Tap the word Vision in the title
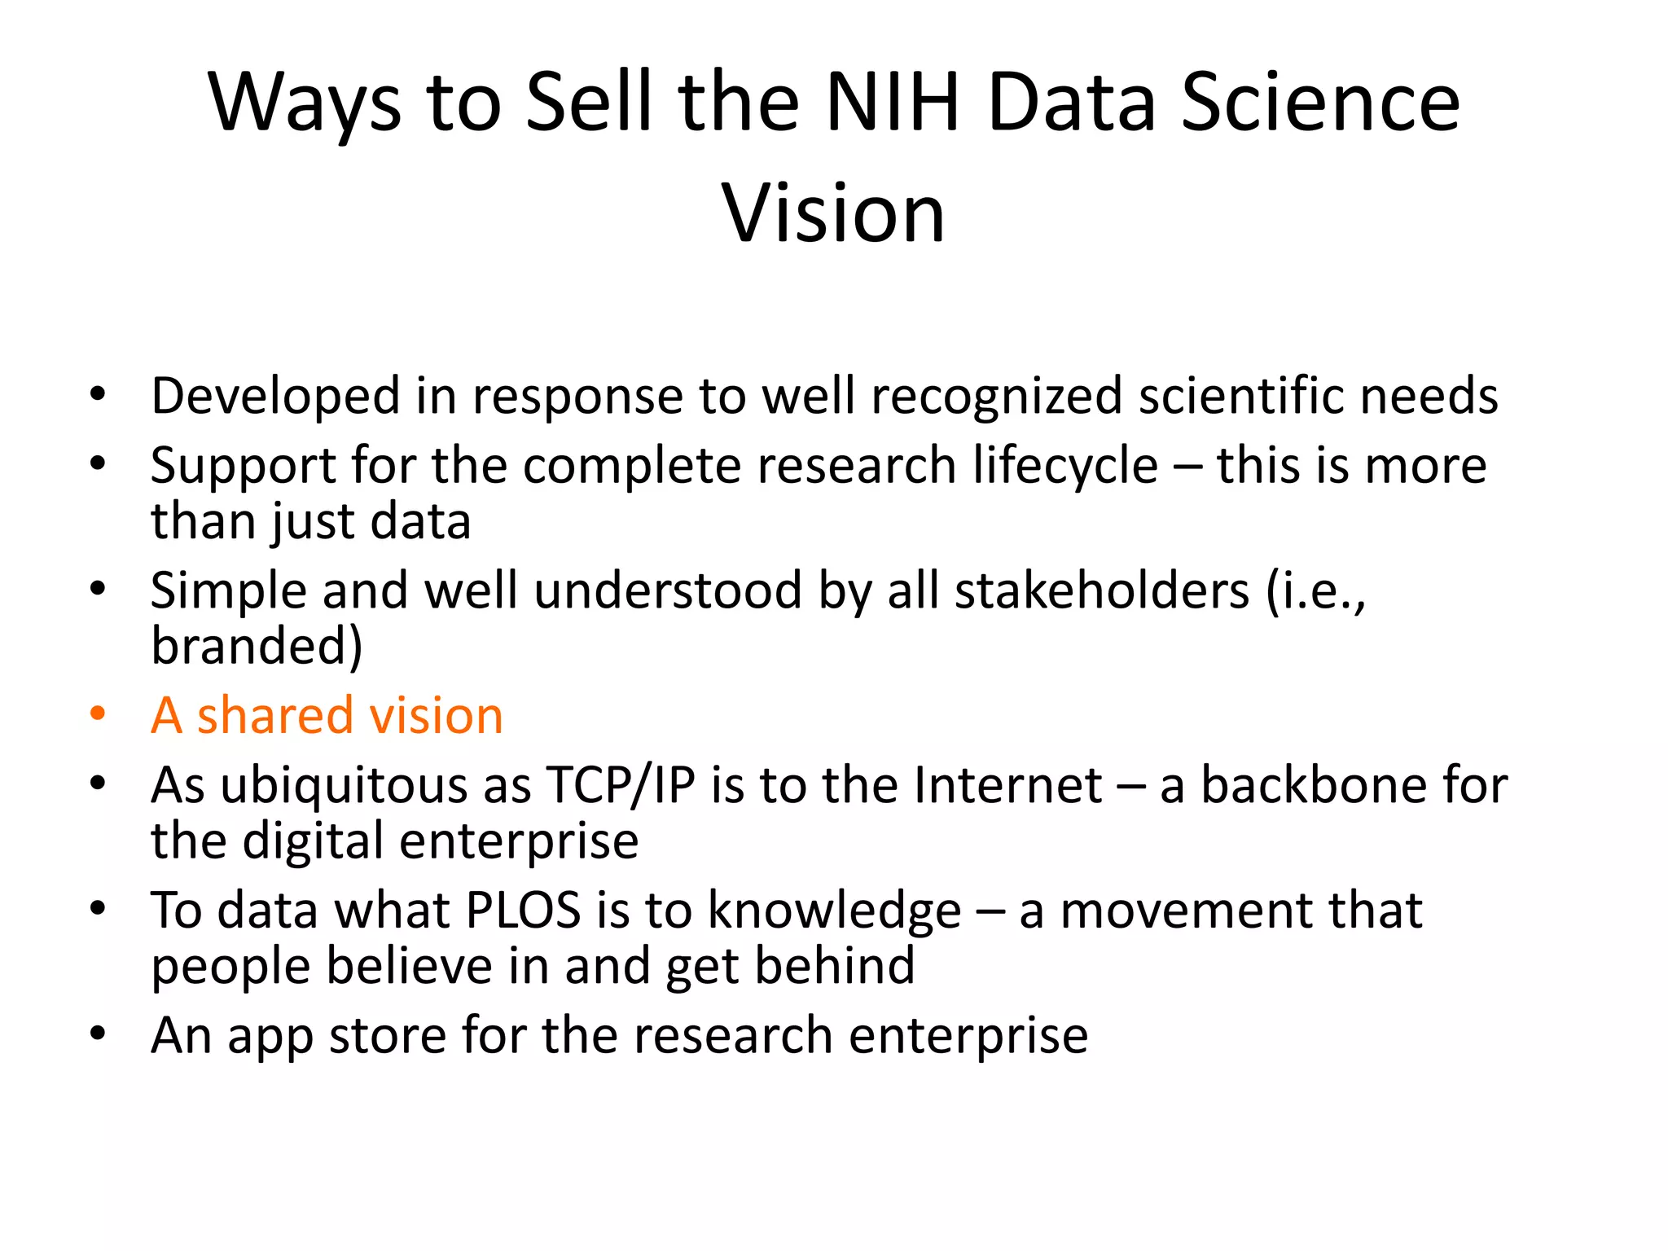pyautogui.click(x=833, y=213)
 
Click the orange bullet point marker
pyautogui.click(x=98, y=714)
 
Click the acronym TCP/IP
pyautogui.click(x=621, y=785)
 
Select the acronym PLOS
pyautogui.click(x=523, y=911)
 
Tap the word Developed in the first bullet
pyautogui.click(x=275, y=397)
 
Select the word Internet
pyautogui.click(x=1007, y=785)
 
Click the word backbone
pyautogui.click(x=1313, y=785)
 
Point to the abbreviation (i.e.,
pyautogui.click(x=1316, y=590)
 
